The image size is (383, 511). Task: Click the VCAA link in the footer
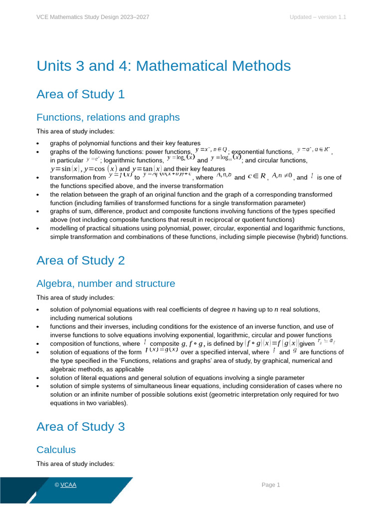click(x=68, y=485)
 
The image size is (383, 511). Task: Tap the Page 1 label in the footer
click(x=271, y=485)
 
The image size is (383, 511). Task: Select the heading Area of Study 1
click(x=80, y=94)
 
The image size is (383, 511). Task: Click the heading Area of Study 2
click(x=80, y=260)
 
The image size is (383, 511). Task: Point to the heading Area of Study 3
click(x=80, y=426)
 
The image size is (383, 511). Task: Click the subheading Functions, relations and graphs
click(x=108, y=117)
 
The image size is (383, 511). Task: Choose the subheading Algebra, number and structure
click(x=106, y=283)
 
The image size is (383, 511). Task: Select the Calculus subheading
click(x=56, y=450)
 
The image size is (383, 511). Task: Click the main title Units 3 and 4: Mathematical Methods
click(x=164, y=66)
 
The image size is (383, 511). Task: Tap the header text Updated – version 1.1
click(x=318, y=17)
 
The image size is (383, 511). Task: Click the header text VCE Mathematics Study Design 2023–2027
click(x=93, y=17)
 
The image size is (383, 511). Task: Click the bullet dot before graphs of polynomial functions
click(x=39, y=143)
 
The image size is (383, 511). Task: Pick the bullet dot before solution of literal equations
click(x=39, y=378)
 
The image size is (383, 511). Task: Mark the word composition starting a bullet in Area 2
click(x=67, y=344)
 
